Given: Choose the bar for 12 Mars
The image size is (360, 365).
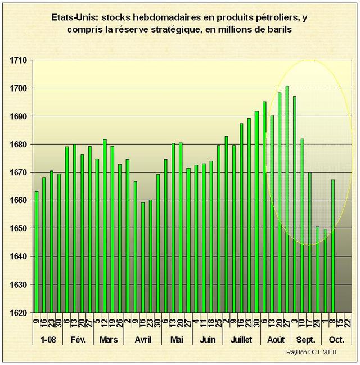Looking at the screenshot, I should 105,226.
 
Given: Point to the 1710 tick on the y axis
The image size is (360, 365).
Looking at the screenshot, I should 22,60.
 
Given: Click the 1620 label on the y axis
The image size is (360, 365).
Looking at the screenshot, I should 22,313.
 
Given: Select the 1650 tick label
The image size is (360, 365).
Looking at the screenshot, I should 22,228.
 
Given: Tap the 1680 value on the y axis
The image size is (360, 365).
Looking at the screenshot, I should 22,145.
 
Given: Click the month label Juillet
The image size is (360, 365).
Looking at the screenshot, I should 241,340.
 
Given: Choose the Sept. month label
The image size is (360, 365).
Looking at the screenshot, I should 306,340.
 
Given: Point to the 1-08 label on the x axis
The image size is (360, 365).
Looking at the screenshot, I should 48,340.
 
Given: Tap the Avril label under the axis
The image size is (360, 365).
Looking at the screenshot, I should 143,340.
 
